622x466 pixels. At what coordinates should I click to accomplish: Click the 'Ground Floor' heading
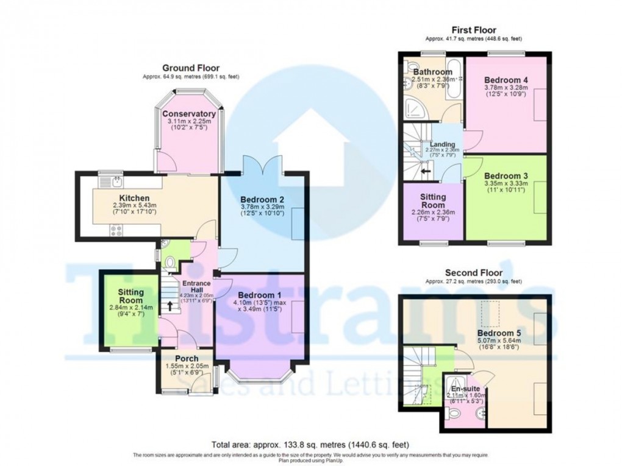(x=190, y=68)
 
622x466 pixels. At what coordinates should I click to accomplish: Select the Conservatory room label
(x=188, y=114)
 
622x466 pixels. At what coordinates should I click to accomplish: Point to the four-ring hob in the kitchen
(x=115, y=230)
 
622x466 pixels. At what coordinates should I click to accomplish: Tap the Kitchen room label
(x=134, y=198)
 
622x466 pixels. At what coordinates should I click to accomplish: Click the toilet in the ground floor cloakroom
(x=171, y=263)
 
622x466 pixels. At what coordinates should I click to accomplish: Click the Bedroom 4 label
(x=506, y=80)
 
